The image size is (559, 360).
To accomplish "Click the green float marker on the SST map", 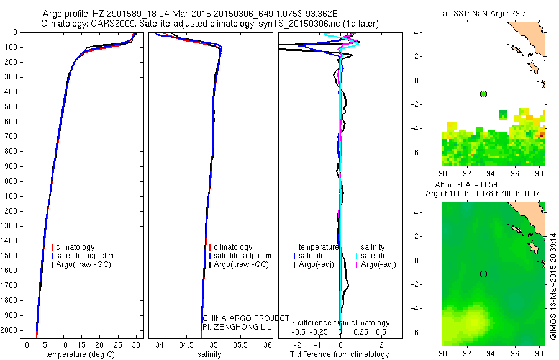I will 483,94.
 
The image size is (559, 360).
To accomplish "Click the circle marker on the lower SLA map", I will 483,274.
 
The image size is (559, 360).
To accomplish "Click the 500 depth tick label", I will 11,107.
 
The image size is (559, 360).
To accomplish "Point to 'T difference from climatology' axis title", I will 340,354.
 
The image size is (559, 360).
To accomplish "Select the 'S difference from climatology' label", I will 340,323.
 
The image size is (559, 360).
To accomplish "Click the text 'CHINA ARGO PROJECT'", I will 245,318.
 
